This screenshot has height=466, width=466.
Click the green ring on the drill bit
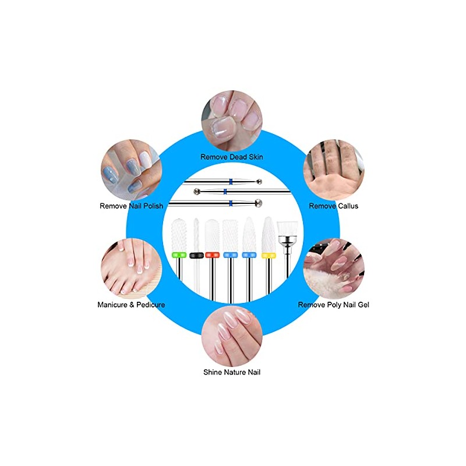[x=179, y=255]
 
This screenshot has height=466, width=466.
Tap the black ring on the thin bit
[x=196, y=255]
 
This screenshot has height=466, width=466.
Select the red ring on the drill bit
[x=212, y=255]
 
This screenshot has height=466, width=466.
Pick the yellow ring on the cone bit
[x=269, y=255]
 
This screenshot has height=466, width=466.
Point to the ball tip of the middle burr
[x=196, y=192]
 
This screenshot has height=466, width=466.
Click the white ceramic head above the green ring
[x=179, y=235]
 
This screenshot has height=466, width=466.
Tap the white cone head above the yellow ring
[x=269, y=235]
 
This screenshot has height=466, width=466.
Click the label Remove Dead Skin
[x=231, y=157]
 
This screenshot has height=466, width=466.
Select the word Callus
[x=348, y=206]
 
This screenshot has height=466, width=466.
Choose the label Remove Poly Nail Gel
[x=333, y=305]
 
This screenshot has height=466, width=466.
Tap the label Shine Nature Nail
[x=232, y=372]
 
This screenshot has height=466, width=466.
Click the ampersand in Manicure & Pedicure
[x=132, y=305]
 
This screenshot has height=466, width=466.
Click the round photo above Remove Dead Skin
[x=232, y=121]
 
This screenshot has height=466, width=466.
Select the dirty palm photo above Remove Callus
[x=334, y=170]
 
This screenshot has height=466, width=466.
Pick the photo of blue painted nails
[x=132, y=170]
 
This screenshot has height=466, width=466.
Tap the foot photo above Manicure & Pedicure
[x=132, y=269]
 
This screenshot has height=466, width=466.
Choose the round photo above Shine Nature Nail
[x=232, y=336]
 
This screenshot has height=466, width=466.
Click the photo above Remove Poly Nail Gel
[x=334, y=269]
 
